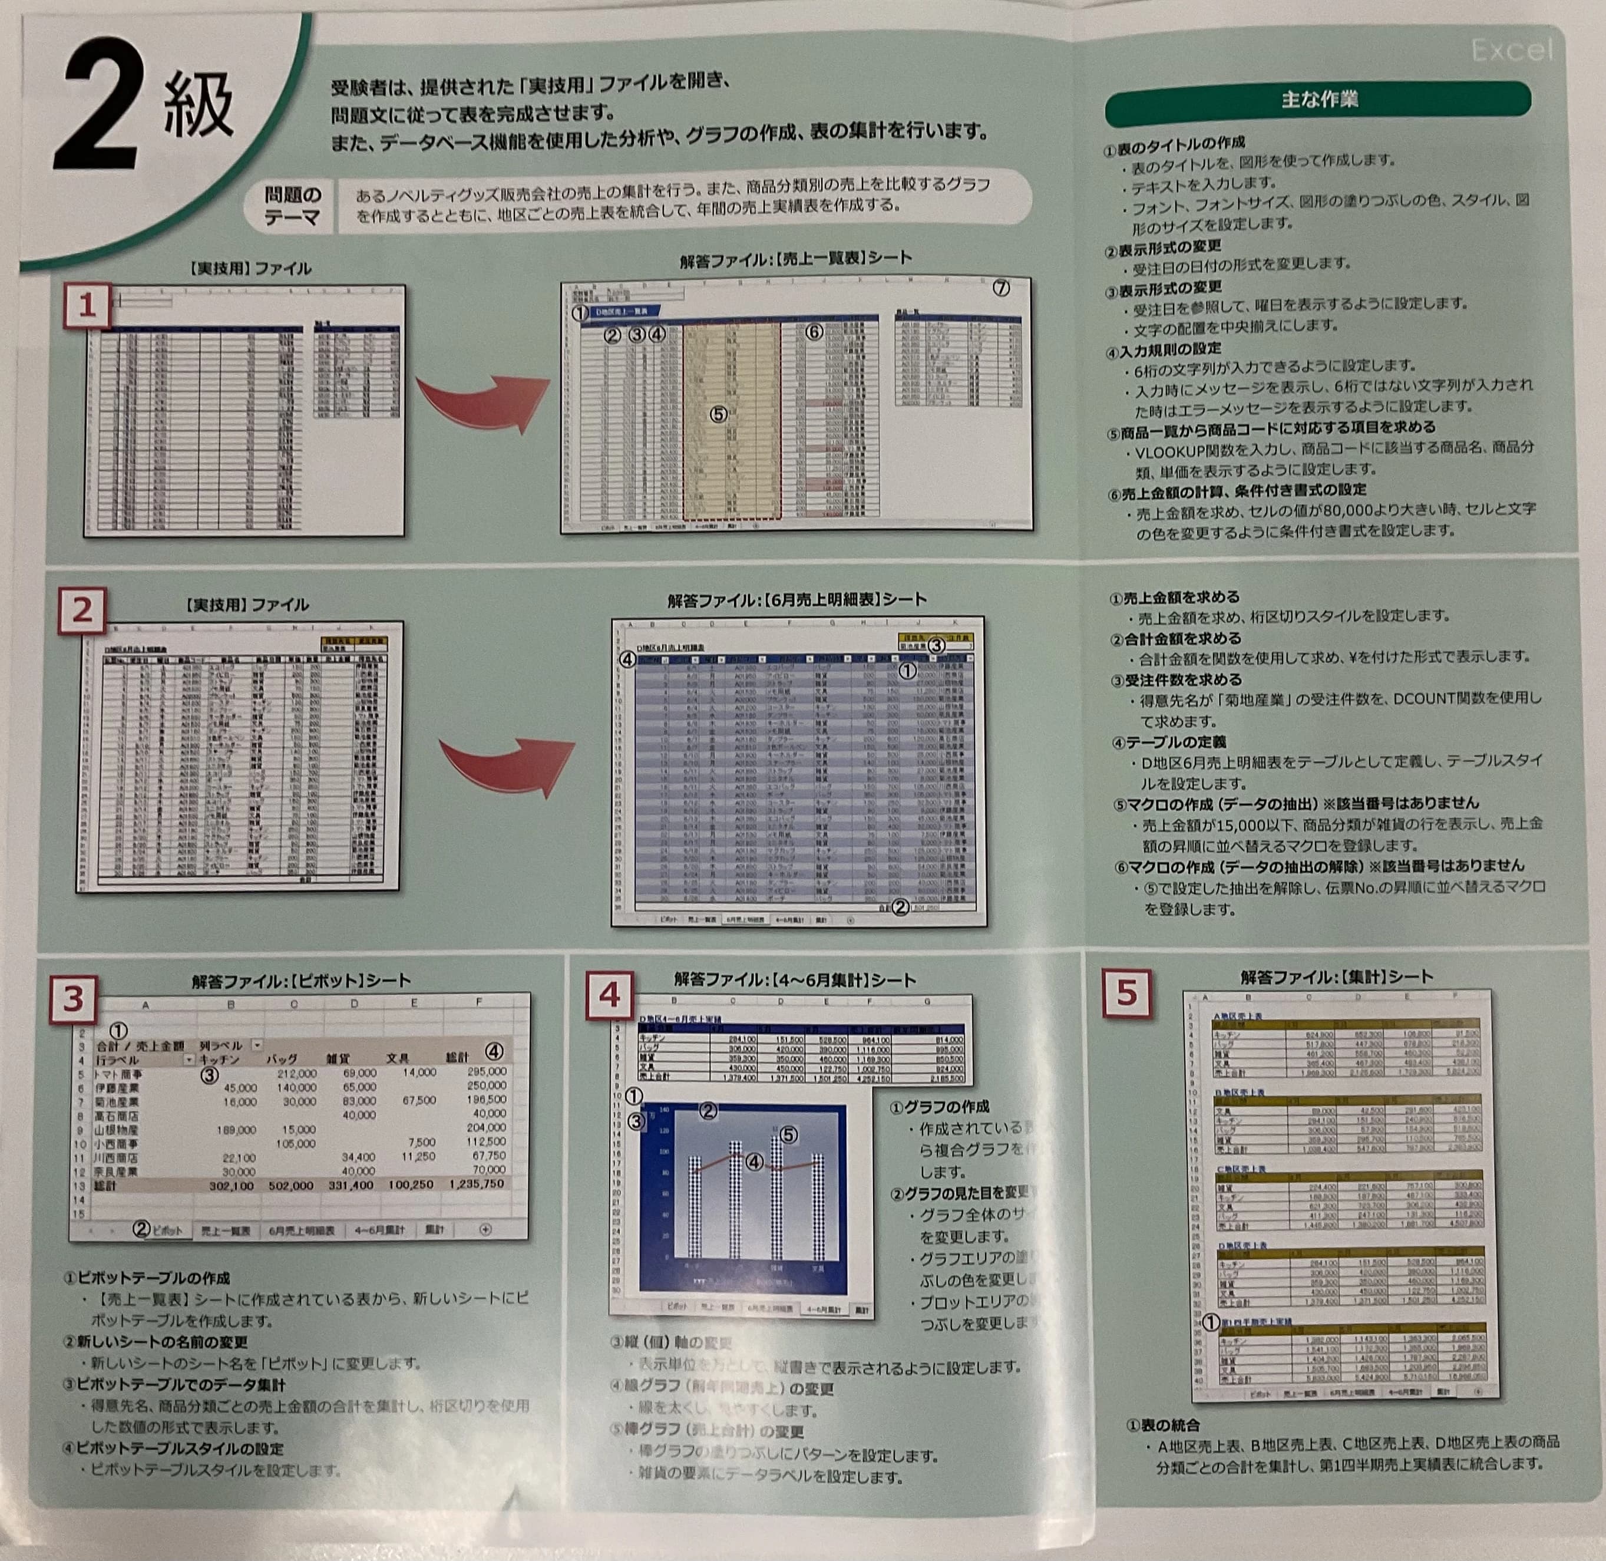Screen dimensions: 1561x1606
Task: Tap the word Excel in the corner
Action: click(x=1511, y=51)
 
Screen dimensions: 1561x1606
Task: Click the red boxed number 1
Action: click(x=87, y=306)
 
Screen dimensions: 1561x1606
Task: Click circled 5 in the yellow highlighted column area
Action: click(x=718, y=414)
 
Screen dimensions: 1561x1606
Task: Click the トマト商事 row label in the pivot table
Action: click(x=120, y=1072)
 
